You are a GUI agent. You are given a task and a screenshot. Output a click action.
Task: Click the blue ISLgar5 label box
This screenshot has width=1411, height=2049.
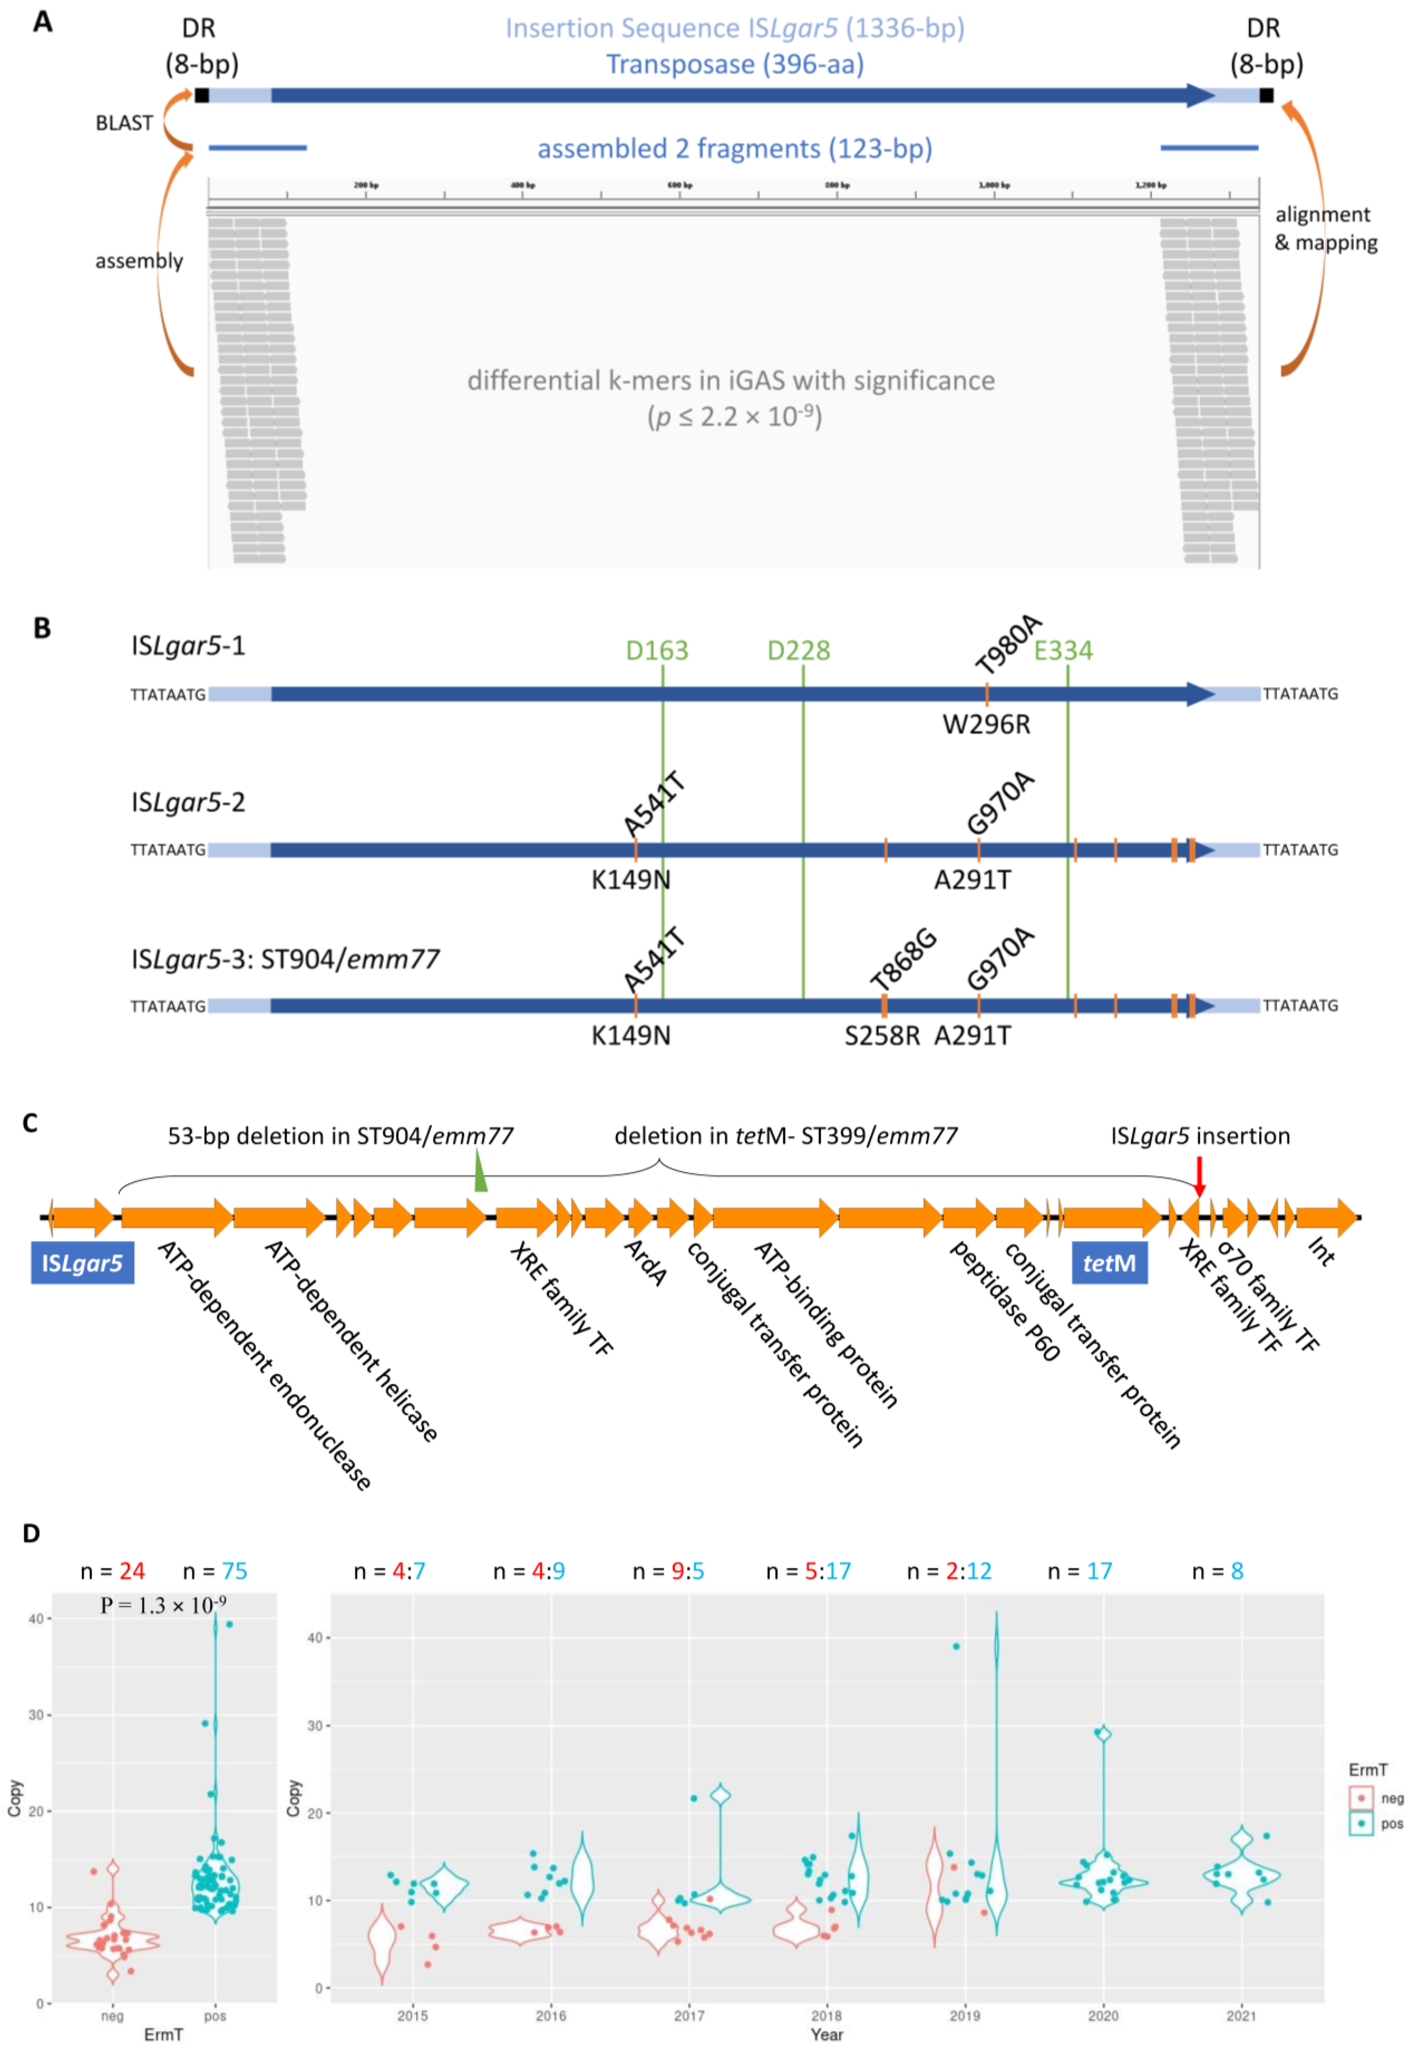82,1262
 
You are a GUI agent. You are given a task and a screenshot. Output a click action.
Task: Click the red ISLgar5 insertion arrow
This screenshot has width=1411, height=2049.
1199,1176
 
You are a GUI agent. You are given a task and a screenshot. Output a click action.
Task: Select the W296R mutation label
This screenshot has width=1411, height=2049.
986,724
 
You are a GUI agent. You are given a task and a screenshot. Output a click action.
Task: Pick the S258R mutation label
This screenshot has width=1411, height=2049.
882,1035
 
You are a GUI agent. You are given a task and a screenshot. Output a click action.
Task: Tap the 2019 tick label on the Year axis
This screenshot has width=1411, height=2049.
964,2016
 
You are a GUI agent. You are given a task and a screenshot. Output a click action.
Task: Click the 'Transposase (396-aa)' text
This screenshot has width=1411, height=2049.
734,65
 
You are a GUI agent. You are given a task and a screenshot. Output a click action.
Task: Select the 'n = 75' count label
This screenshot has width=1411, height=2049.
215,1571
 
